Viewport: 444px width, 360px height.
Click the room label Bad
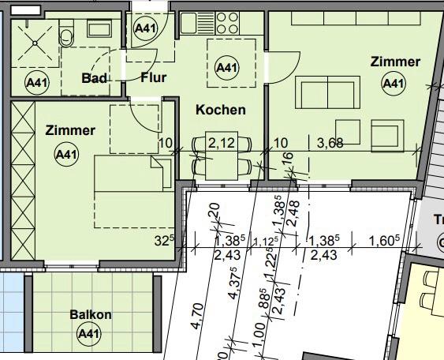pos(94,78)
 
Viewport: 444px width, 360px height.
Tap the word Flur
pos(154,78)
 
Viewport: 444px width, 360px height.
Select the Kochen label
pos(221,110)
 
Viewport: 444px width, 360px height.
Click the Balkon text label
pos(90,314)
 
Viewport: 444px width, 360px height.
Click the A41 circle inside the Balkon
pos(90,335)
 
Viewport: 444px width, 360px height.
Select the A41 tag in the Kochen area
pos(227,68)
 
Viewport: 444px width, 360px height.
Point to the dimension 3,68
pos(330,143)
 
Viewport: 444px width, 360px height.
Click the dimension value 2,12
pos(222,143)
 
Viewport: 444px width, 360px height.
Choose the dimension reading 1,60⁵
pos(385,241)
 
